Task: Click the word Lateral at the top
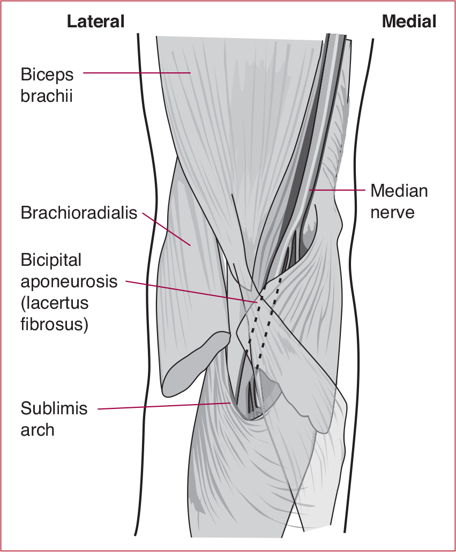click(95, 21)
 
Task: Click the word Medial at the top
click(408, 21)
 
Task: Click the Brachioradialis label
click(79, 213)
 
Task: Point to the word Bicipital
click(51, 260)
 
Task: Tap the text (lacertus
click(55, 303)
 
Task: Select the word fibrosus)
click(55, 324)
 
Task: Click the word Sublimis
click(54, 408)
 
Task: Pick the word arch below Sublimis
click(38, 429)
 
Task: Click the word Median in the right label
click(399, 191)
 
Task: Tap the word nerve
click(393, 212)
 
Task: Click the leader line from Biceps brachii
click(137, 73)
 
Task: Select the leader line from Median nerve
click(338, 190)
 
